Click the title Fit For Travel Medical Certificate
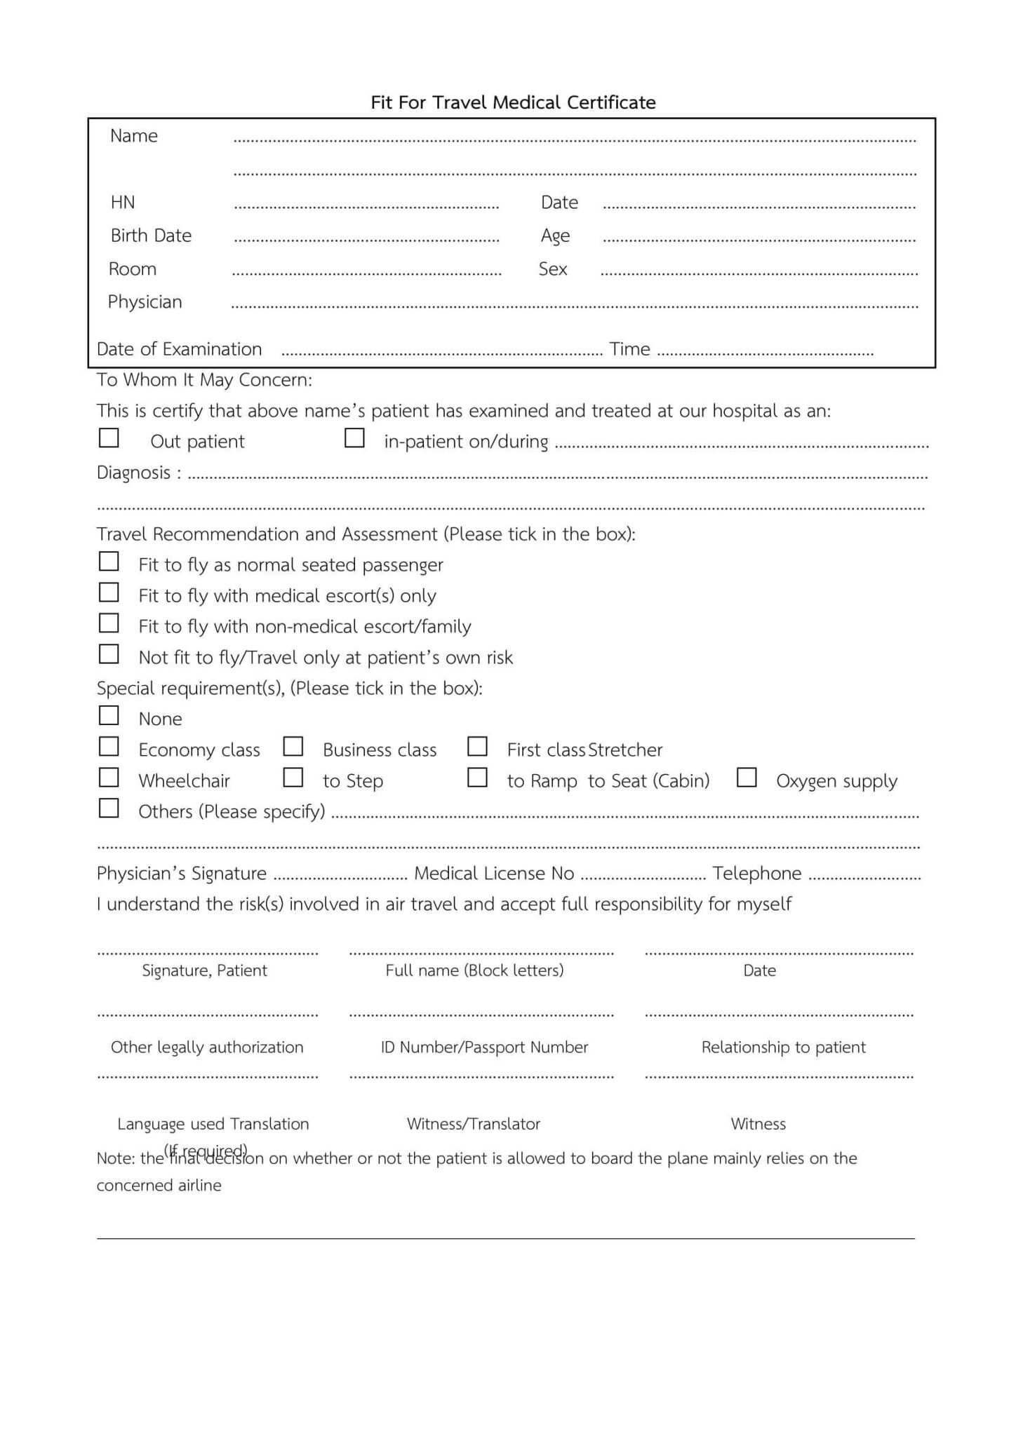click(x=513, y=102)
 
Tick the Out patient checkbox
click(x=109, y=438)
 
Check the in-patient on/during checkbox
click(x=354, y=438)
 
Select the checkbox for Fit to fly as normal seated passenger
click(x=109, y=562)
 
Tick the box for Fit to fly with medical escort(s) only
click(x=109, y=592)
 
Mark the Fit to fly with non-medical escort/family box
click(x=109, y=623)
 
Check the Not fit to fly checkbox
click(x=109, y=654)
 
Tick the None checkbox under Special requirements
click(x=109, y=716)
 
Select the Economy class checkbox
click(x=109, y=747)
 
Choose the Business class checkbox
click(x=293, y=747)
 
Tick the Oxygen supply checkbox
click(x=747, y=778)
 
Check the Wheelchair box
click(x=109, y=778)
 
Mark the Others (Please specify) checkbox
click(x=109, y=808)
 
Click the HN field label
click(x=123, y=203)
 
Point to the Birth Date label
click(x=151, y=236)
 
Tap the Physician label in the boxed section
click(x=145, y=302)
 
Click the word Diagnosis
click(x=133, y=473)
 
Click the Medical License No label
click(x=494, y=874)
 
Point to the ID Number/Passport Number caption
click(x=484, y=1048)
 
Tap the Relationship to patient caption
click(x=783, y=1048)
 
